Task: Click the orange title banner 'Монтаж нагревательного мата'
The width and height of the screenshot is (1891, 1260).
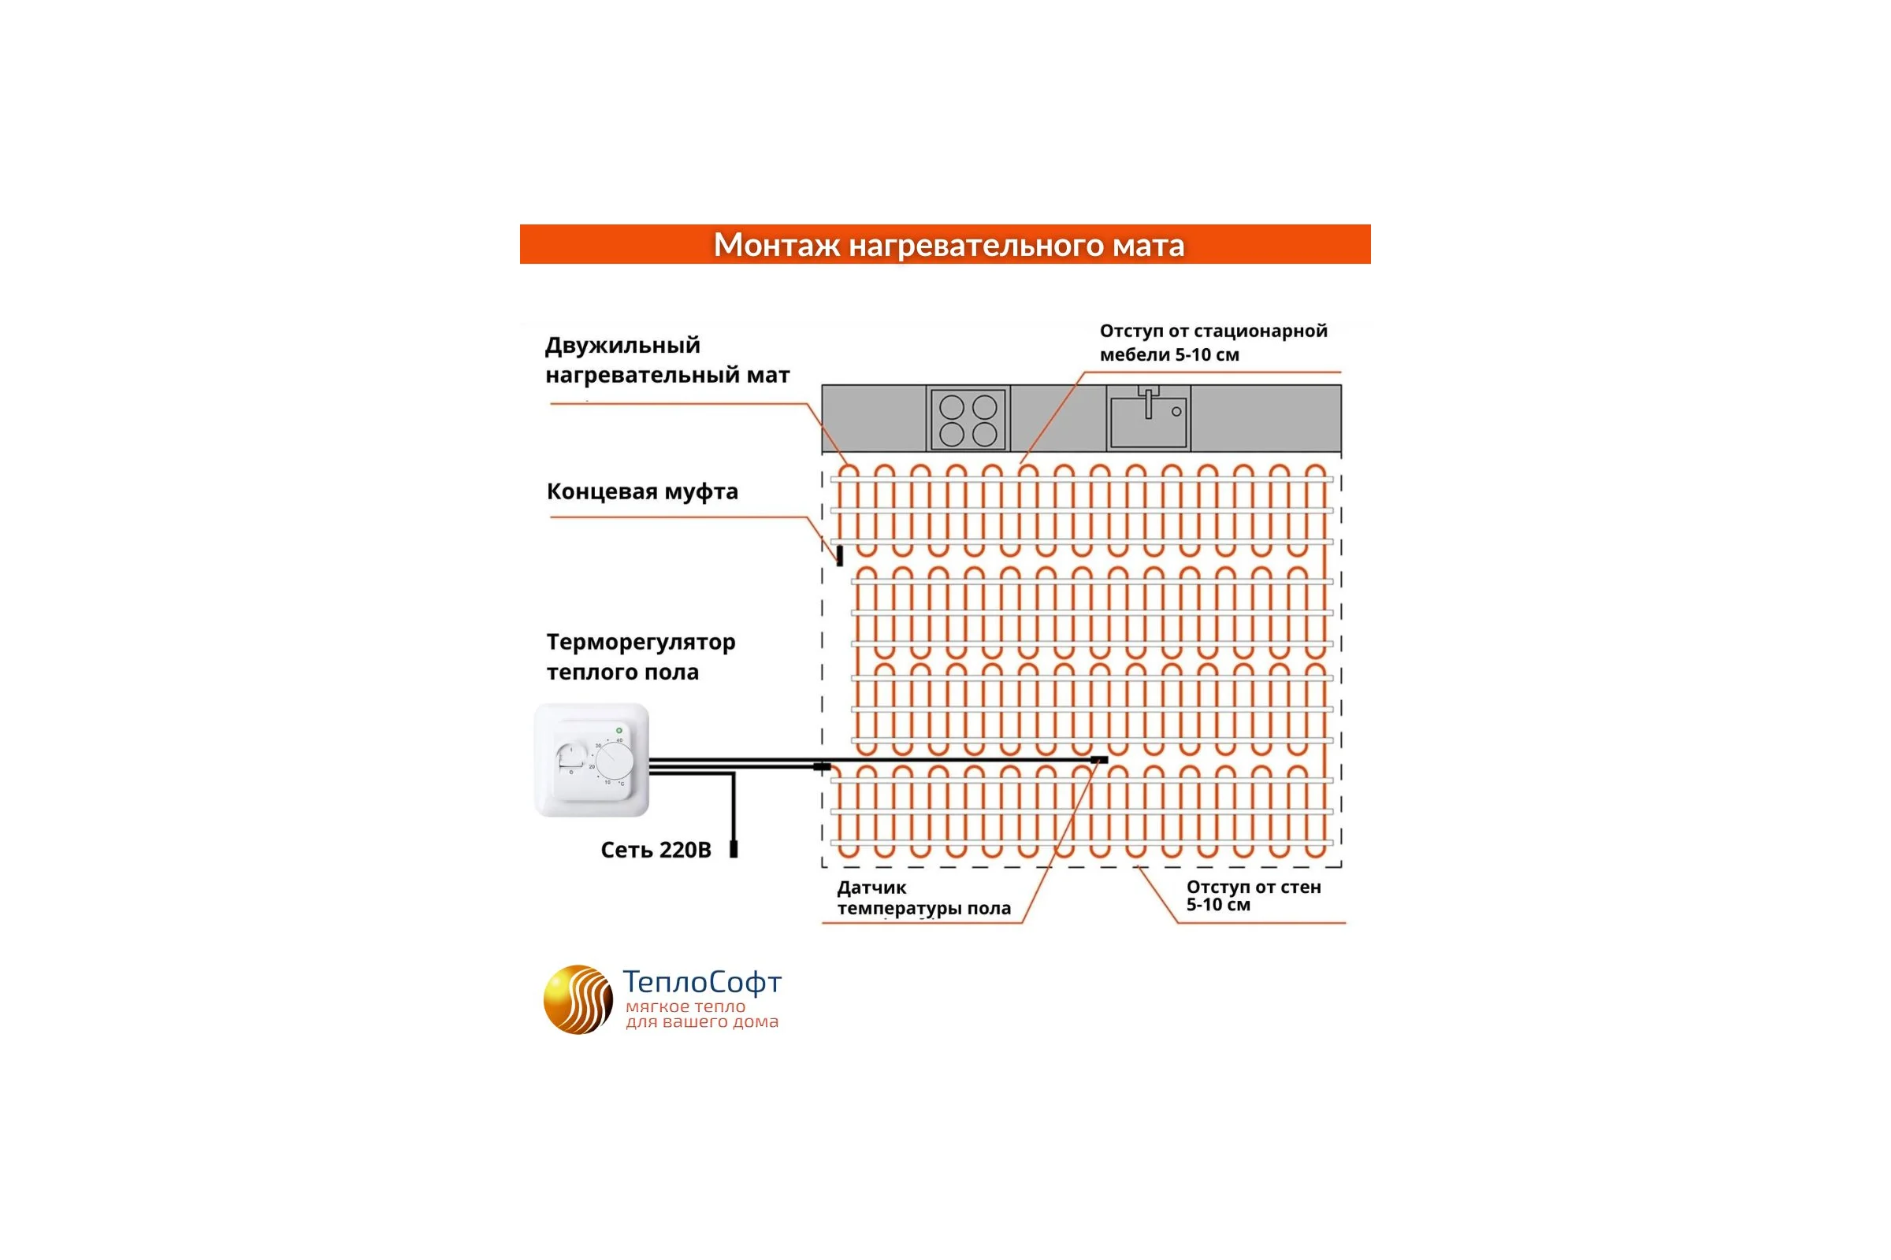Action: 945,244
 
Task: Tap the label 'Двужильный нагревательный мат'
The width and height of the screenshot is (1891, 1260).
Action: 667,360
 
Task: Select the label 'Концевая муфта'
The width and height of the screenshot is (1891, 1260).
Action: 642,491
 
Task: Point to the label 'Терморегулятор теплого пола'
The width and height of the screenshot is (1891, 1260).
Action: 641,657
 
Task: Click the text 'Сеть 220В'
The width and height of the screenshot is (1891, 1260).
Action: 656,850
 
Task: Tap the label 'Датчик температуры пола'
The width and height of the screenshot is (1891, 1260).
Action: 923,899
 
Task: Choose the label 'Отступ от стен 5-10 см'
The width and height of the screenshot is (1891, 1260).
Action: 1254,896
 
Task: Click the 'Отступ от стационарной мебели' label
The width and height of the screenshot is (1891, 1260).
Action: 1213,343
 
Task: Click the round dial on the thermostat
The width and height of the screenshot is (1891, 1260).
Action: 615,759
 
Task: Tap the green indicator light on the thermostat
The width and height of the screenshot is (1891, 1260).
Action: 619,731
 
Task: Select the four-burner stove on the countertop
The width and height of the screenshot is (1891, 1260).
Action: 968,419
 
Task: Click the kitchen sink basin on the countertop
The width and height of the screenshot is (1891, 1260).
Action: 1148,422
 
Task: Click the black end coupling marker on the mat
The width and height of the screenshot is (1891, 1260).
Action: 839,555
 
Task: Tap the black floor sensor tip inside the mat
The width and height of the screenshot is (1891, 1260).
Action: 1099,759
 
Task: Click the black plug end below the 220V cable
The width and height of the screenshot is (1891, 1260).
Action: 734,850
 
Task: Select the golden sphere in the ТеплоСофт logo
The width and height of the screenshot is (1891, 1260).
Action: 578,999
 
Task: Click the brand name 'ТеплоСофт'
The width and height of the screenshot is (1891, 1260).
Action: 702,982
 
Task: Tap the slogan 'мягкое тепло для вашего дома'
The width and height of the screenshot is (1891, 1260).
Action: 702,1014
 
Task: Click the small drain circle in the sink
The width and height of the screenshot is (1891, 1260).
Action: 1176,411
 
